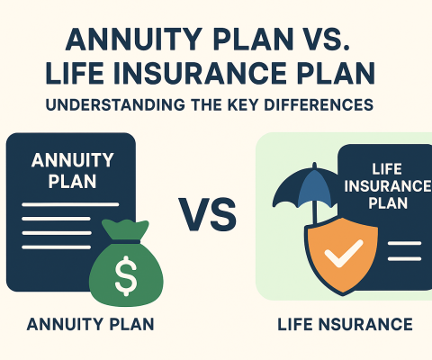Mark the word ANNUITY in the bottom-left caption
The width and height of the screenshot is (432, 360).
tap(68, 324)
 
